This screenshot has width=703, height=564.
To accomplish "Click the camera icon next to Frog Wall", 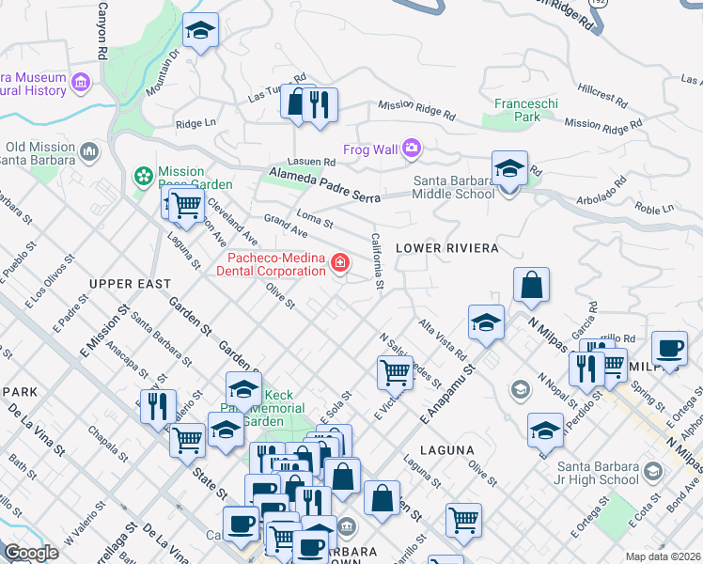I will [x=411, y=148].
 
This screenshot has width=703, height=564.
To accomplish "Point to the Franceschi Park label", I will [x=517, y=111].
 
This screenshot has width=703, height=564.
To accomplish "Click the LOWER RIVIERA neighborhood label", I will [x=445, y=248].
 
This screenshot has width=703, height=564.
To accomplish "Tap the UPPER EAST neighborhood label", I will [x=130, y=283].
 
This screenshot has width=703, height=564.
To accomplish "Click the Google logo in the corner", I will [x=31, y=552].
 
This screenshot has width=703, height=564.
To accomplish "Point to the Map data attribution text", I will [x=664, y=556].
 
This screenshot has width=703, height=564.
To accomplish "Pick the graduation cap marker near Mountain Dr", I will [x=199, y=34].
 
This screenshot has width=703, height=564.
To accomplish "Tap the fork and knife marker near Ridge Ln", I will [x=320, y=105].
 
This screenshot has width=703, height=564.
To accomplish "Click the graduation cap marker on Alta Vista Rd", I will [x=486, y=323].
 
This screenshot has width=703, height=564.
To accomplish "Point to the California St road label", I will [x=378, y=261].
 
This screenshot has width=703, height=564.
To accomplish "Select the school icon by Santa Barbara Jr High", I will [x=652, y=470].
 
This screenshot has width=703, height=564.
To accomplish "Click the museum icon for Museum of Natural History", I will [x=81, y=85].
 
